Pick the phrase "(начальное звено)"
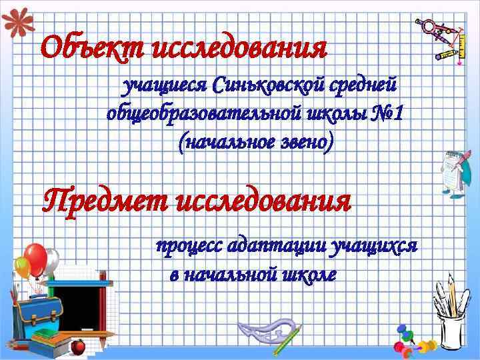point(254,141)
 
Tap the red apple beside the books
point(79,345)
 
